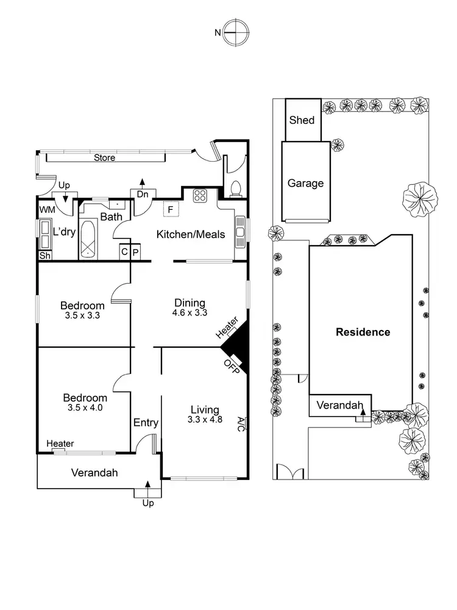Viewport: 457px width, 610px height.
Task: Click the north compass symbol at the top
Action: point(235,33)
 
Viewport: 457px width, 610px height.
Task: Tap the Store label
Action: point(104,158)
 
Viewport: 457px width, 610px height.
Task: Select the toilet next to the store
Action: point(236,190)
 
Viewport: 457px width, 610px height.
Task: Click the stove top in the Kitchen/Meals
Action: point(200,195)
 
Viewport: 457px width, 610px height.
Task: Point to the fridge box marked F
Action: point(171,210)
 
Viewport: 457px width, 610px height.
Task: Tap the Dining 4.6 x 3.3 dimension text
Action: point(190,315)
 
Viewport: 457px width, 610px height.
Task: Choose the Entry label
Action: point(146,423)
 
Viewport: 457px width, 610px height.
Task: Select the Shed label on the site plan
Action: point(302,120)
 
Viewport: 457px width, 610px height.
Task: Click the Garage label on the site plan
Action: point(305,183)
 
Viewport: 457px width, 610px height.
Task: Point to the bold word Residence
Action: point(363,332)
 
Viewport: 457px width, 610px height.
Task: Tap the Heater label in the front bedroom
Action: point(60,443)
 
